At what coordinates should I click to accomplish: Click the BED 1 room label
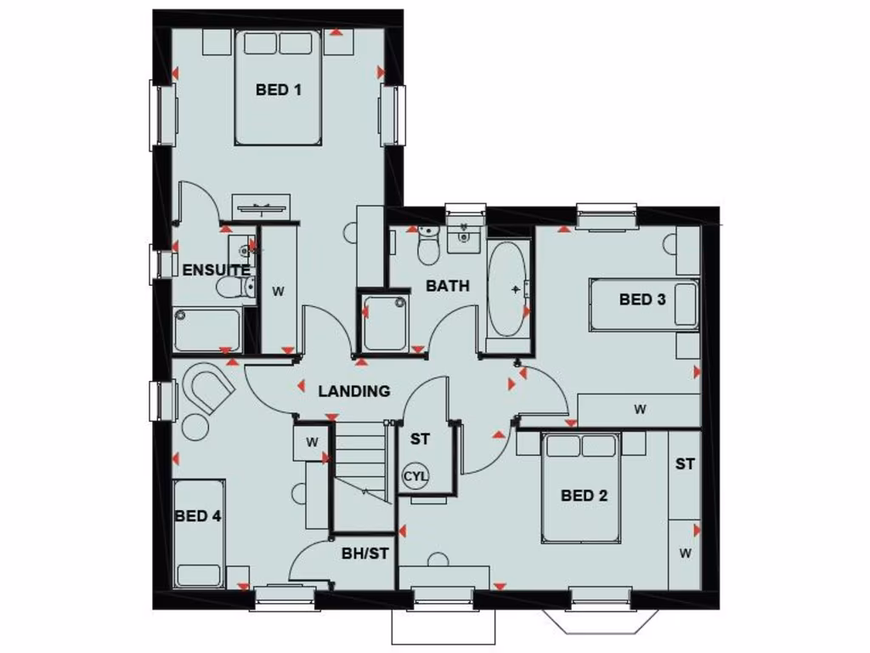point(279,89)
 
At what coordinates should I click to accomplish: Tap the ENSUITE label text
point(216,270)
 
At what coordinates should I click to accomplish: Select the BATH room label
point(447,286)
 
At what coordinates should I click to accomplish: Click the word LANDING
point(354,391)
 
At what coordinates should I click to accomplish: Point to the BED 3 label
point(641,299)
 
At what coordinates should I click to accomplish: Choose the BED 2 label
point(584,496)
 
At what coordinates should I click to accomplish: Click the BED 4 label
point(198,516)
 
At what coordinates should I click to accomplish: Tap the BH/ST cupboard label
point(365,554)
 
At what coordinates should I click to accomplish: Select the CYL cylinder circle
point(415,476)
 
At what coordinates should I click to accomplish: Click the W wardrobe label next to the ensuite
point(277,291)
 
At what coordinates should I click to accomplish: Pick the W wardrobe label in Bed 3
point(640,409)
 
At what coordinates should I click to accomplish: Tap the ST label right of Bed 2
point(685,464)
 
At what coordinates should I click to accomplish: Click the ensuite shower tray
point(207,330)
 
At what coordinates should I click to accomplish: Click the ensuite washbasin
point(245,250)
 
